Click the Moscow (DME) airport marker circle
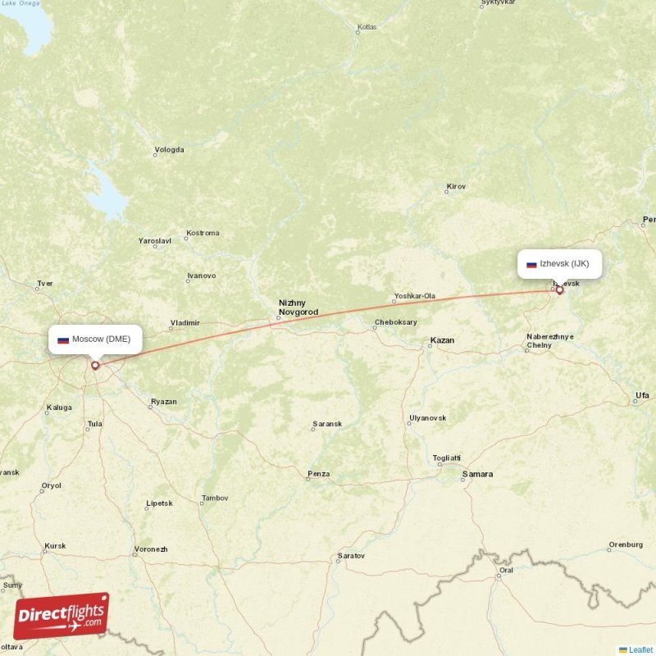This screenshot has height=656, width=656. (95, 366)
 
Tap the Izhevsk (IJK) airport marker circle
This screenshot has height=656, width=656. (560, 290)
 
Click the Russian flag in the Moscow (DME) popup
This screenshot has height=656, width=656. (63, 339)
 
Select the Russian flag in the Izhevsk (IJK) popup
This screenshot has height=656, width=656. (531, 264)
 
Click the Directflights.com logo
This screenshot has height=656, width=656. (61, 616)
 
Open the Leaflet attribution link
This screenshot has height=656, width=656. (640, 649)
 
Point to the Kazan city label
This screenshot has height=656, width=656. (442, 340)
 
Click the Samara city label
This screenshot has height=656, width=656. (477, 474)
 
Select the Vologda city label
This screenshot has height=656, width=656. (171, 150)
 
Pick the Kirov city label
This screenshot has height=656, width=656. (456, 186)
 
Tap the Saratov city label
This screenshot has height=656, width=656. (350, 557)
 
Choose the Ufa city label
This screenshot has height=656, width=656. (642, 396)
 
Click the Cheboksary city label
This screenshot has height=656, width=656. (396, 322)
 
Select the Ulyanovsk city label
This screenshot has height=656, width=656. (427, 418)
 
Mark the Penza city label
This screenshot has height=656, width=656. (318, 474)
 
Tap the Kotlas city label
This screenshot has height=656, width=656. (367, 28)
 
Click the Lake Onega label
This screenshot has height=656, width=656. (20, 3)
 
